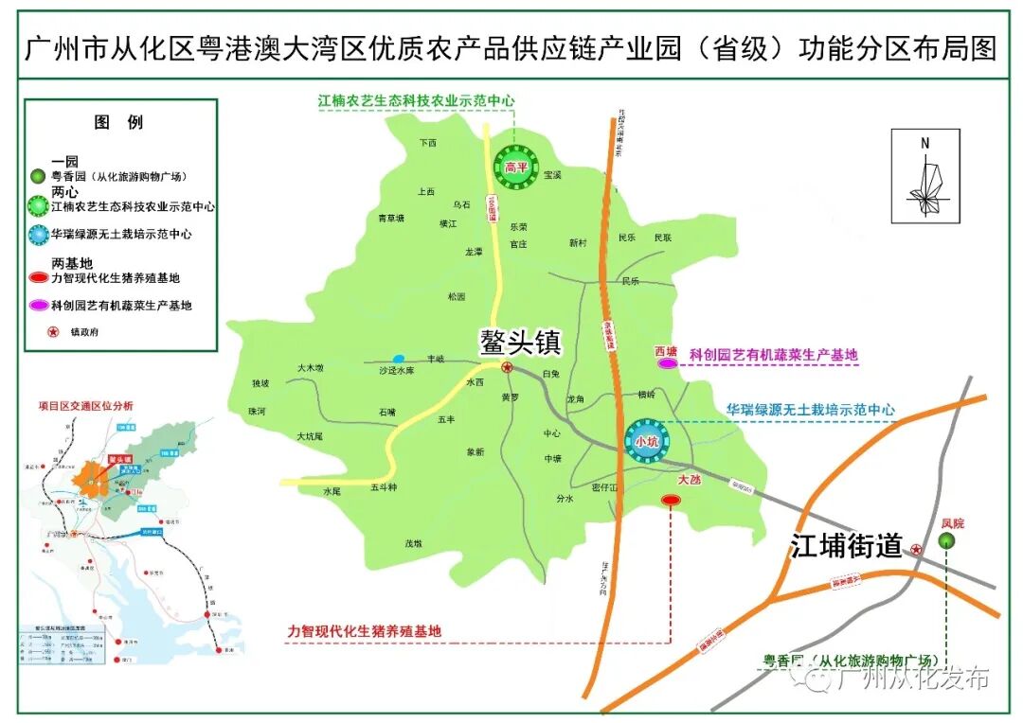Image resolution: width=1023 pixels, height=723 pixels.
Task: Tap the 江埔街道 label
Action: coord(846,547)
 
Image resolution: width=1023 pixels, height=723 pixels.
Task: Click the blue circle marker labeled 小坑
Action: coord(646,440)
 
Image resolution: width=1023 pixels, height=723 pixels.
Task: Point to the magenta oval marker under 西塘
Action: coord(667,362)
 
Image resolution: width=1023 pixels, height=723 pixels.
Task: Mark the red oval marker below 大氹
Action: coord(672,500)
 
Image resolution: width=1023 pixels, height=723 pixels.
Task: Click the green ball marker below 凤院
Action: coord(946,539)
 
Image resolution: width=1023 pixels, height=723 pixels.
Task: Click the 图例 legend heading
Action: coord(118,122)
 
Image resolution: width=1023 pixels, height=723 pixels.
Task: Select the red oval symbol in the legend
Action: coord(40,278)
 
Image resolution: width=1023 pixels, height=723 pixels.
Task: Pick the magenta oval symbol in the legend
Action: coord(40,306)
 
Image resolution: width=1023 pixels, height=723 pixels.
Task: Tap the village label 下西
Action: coord(428,144)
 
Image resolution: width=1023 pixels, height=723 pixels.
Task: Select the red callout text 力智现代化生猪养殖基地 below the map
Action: coord(365,630)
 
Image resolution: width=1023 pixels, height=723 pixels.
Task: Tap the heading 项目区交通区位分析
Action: coord(86,406)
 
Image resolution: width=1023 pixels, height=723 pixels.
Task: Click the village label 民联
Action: coord(662,238)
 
